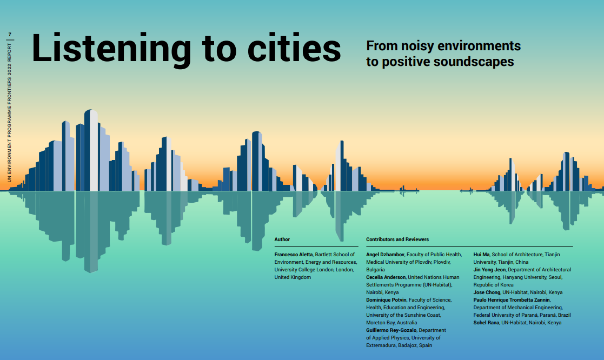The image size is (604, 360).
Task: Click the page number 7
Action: click(10, 35)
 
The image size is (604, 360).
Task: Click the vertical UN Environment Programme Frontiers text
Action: click(10, 112)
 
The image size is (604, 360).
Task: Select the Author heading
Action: click(282, 239)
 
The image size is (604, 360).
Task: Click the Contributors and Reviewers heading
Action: click(397, 239)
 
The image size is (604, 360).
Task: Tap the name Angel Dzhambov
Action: click(385, 255)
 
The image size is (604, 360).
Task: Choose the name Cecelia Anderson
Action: click(386, 277)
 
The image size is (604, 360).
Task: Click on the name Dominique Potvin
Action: click(386, 300)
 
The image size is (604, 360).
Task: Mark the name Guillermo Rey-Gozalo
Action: click(391, 330)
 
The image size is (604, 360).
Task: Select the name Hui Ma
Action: click(481, 255)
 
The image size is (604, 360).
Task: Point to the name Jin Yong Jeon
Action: click(489, 270)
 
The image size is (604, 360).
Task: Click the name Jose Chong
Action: click(487, 292)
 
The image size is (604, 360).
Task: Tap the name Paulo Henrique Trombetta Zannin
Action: click(512, 300)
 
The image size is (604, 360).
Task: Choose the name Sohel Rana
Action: click(486, 323)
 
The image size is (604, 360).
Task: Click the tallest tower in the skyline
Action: click(91, 150)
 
